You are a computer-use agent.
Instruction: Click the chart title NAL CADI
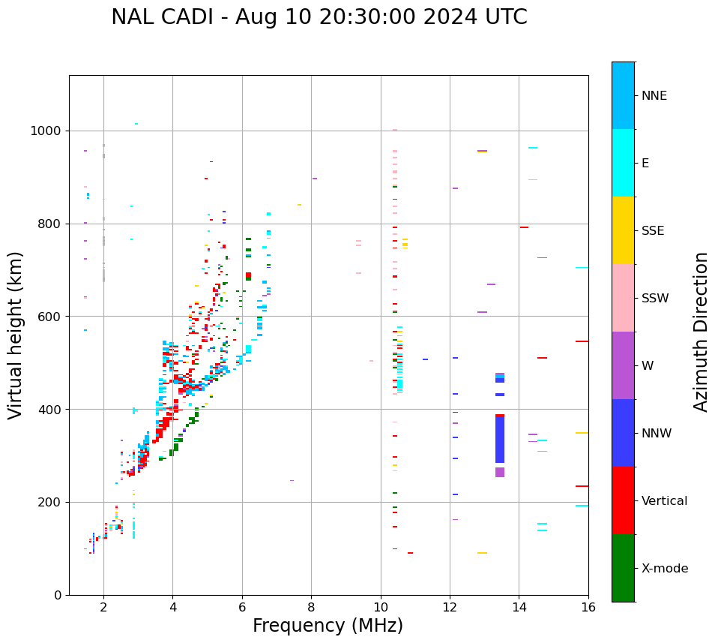[x=319, y=17]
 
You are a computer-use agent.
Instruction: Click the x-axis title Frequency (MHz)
[x=328, y=626]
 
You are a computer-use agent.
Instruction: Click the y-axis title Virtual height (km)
[x=16, y=335]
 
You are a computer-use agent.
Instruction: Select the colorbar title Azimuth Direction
[x=701, y=332]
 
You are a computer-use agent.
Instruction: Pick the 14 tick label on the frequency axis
[x=519, y=607]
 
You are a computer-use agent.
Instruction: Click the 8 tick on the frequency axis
[x=311, y=607]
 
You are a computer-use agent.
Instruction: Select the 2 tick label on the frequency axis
[x=103, y=607]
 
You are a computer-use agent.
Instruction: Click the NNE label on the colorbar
[x=654, y=96]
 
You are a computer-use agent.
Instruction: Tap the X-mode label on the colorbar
[x=664, y=569]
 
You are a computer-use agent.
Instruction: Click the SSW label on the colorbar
[x=655, y=299]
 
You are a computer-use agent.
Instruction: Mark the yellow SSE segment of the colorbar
[x=623, y=230]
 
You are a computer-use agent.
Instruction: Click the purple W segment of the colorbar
[x=623, y=365]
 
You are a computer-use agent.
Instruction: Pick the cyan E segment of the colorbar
[x=623, y=163]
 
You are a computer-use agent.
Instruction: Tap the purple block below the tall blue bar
[x=500, y=472]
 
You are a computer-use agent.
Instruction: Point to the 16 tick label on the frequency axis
[x=588, y=607]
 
